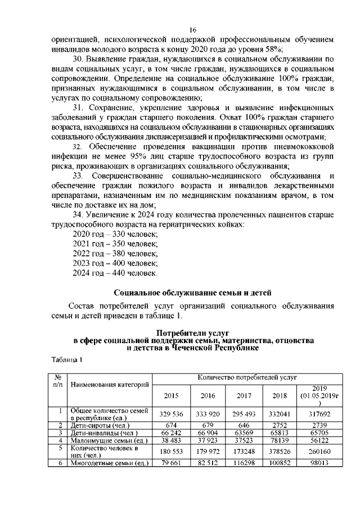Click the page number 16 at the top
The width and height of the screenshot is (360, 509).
pyautogui.click(x=192, y=30)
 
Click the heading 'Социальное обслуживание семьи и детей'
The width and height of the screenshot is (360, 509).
pyautogui.click(x=192, y=292)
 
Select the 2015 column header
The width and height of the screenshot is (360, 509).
pyautogui.click(x=171, y=395)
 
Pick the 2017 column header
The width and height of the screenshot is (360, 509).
pyautogui.click(x=244, y=395)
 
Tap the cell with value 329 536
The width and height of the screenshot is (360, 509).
pyautogui.click(x=171, y=414)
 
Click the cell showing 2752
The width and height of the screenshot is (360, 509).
pyautogui.click(x=280, y=425)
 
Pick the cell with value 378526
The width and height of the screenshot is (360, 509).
pyautogui.click(x=280, y=452)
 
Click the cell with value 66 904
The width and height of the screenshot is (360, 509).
pyautogui.click(x=208, y=433)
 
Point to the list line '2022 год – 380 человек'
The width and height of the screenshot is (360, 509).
pyautogui.click(x=116, y=253)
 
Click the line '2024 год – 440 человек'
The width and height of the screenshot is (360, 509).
pyautogui.click(x=116, y=273)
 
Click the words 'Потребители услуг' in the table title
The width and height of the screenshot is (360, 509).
pyautogui.click(x=193, y=334)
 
